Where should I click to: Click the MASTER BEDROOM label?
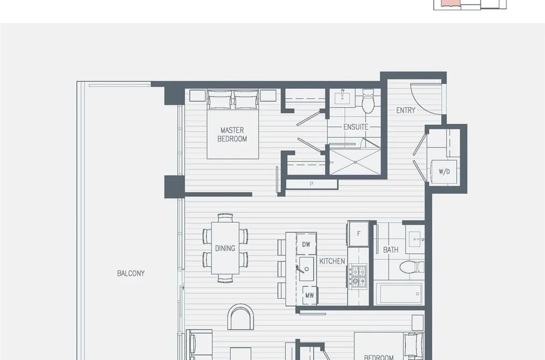pyautogui.click(x=232, y=135)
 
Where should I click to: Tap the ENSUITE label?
pyautogui.click(x=356, y=127)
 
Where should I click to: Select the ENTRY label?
pyautogui.click(x=406, y=110)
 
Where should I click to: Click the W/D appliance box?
pyautogui.click(x=444, y=172)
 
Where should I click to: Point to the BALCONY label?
pyautogui.click(x=131, y=273)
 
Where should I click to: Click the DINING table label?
pyautogui.click(x=225, y=248)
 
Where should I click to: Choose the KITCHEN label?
pyautogui.click(x=332, y=261)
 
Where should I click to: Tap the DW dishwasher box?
pyautogui.click(x=306, y=244)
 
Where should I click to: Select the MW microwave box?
pyautogui.click(x=309, y=295)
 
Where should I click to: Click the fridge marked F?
pyautogui.click(x=358, y=234)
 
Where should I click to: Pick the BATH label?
pyautogui.click(x=391, y=250)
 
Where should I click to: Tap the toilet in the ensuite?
pyautogui.click(x=368, y=101)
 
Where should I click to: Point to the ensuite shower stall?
pyautogui.click(x=355, y=162)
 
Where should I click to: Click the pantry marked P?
pyautogui.click(x=312, y=184)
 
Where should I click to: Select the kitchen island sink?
pyautogui.click(x=306, y=269)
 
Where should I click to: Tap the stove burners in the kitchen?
pyautogui.click(x=358, y=276)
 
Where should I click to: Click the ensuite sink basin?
pyautogui.click(x=342, y=97)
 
